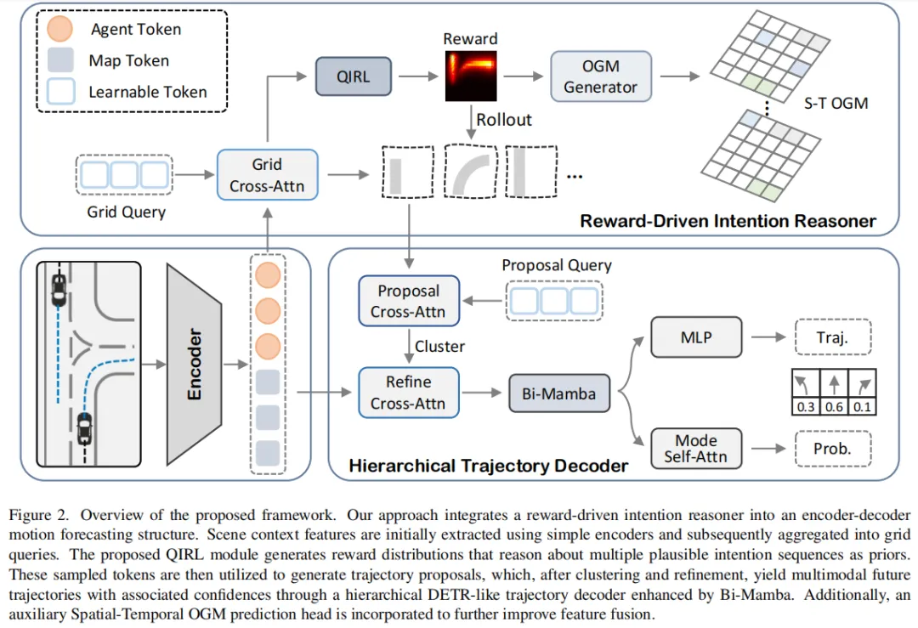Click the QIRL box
point(354,76)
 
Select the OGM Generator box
point(601,76)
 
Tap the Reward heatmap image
point(471,76)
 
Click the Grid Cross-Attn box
point(268,175)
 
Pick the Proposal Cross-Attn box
point(409,301)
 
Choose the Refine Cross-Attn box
point(409,393)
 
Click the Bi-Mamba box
point(559,394)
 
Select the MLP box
point(696,337)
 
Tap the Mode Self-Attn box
point(696,449)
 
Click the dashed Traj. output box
point(833,337)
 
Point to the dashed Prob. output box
point(833,449)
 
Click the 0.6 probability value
point(834,407)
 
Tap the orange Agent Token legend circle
point(59,29)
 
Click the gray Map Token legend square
point(60,59)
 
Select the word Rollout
point(503,120)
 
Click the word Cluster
point(439,347)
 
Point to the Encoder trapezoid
point(195,364)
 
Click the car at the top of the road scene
point(59,290)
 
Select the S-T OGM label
point(836,104)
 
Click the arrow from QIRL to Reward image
point(418,76)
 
